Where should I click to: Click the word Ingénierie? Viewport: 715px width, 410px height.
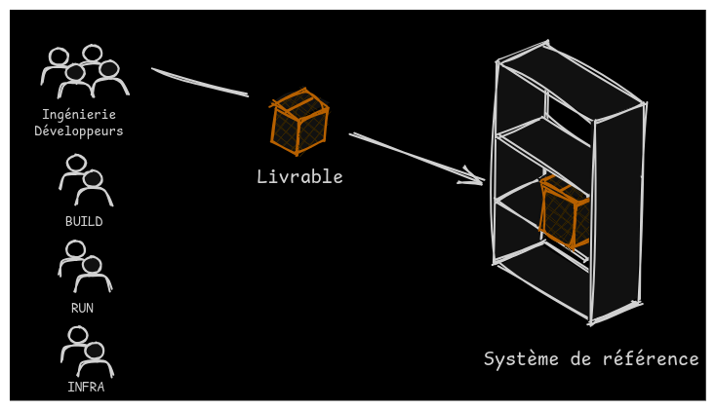(79, 115)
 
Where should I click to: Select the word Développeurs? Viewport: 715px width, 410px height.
(79, 131)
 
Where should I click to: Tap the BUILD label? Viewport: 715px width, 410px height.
(84, 222)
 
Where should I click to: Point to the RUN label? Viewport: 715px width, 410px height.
(82, 308)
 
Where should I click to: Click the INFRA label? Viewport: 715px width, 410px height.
(86, 387)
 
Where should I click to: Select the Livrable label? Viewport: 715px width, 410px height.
(299, 177)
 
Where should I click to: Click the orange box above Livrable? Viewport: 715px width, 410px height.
(298, 122)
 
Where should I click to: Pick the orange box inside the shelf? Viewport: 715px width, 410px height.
(564, 211)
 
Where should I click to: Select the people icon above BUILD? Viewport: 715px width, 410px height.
(86, 180)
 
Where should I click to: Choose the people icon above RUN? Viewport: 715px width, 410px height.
(85, 267)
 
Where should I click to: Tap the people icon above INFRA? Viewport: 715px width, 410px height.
(87, 352)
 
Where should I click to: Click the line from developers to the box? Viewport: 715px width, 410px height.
(200, 83)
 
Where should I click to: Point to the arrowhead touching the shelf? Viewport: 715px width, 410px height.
(474, 177)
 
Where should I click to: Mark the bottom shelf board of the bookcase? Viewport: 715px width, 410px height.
(542, 277)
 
